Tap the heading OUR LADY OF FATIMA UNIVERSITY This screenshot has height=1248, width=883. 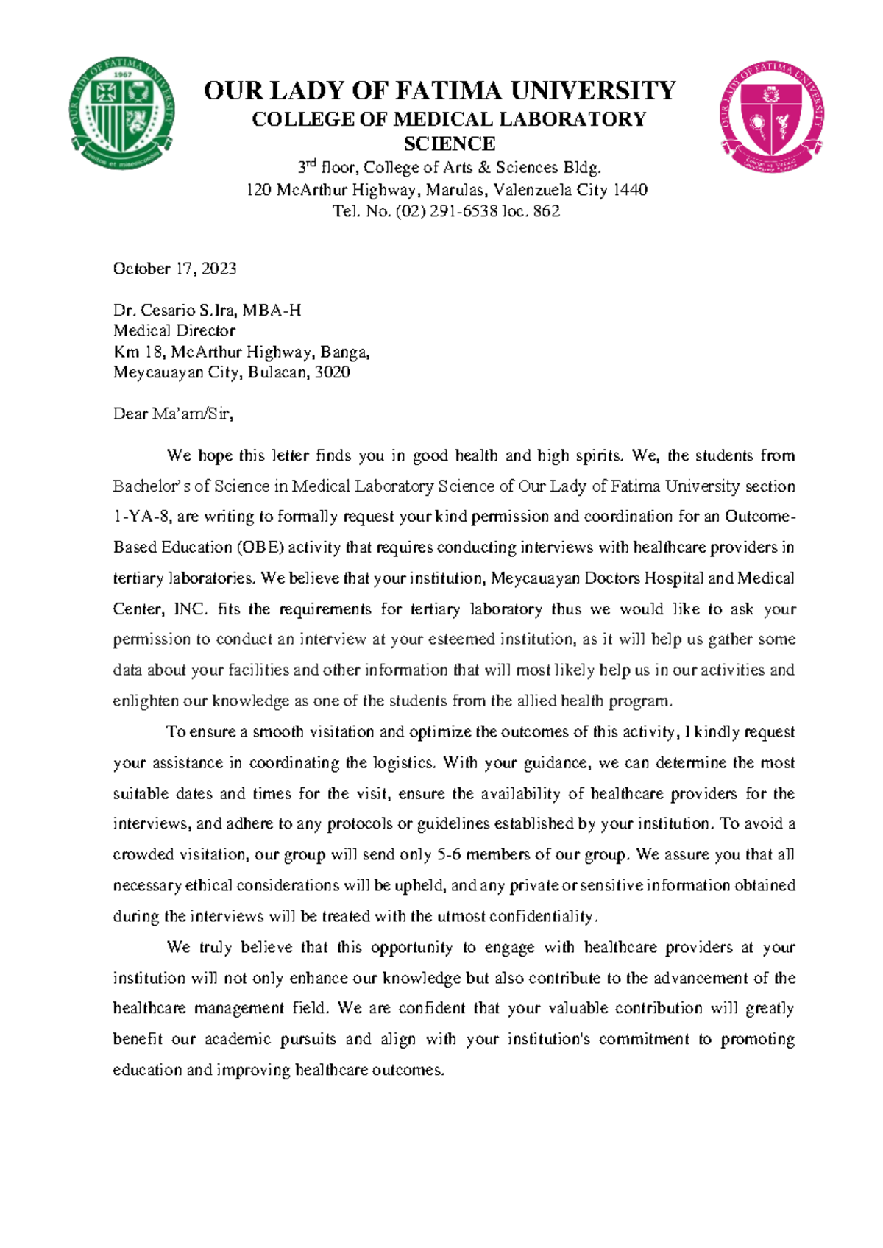click(x=439, y=91)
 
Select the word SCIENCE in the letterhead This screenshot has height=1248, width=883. click(x=450, y=143)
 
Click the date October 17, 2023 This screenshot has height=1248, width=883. click(x=174, y=269)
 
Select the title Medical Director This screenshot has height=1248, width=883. click(x=174, y=331)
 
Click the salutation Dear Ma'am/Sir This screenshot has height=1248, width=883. click(x=173, y=414)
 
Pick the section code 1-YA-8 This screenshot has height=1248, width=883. click(x=142, y=517)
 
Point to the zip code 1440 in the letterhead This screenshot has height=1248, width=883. click(x=631, y=190)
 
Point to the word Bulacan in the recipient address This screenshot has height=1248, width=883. click(x=279, y=372)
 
